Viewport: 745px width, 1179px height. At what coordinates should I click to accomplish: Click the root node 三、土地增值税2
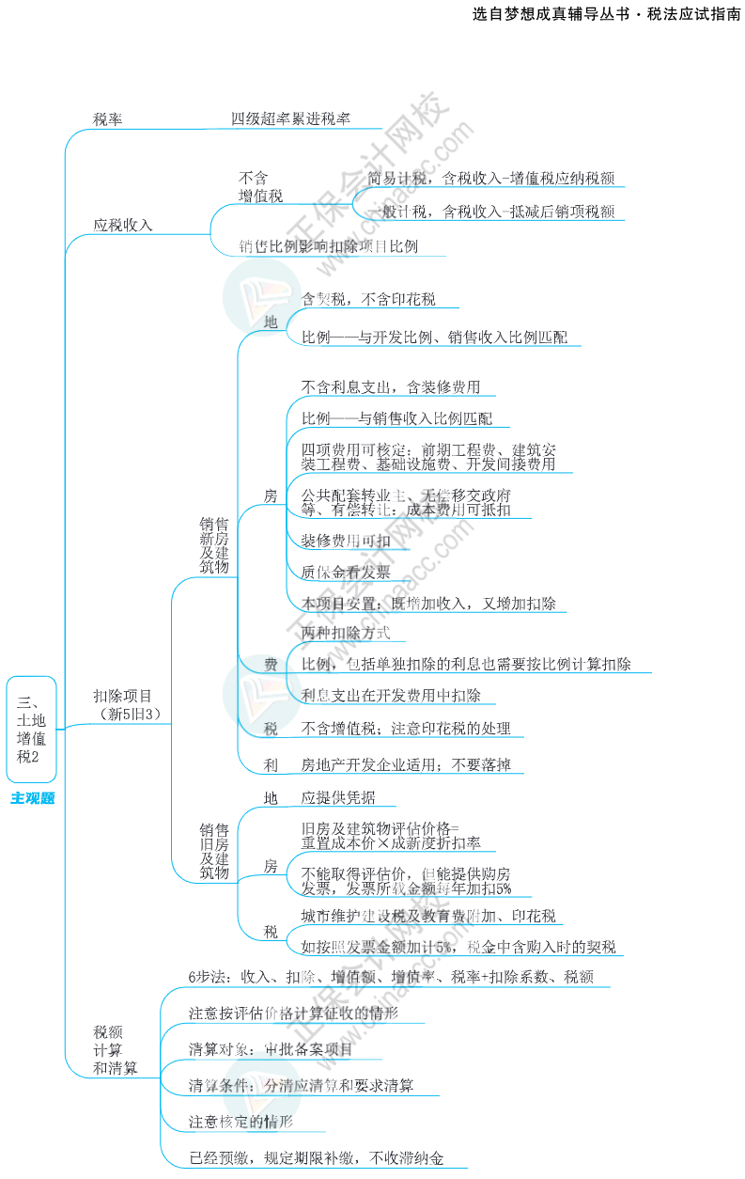tap(32, 729)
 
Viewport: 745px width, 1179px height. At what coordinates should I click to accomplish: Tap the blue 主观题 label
tap(32, 799)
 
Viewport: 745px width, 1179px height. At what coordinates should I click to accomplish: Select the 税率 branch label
tap(107, 119)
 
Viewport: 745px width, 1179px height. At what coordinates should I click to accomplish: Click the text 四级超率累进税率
tap(290, 119)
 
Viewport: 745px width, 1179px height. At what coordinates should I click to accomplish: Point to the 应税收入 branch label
tap(123, 226)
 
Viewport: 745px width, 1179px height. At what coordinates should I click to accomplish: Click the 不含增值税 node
tap(260, 187)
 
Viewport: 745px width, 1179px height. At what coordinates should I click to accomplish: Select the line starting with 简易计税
tap(490, 178)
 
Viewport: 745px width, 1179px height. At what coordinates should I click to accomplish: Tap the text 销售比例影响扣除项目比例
tap(328, 246)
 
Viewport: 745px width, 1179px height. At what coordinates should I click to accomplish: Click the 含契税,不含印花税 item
tap(367, 299)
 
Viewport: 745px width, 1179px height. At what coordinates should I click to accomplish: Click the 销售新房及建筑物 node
tap(214, 545)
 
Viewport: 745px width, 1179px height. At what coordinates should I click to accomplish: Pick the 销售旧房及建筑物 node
tap(214, 852)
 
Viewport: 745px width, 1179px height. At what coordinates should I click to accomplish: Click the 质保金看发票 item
tap(345, 571)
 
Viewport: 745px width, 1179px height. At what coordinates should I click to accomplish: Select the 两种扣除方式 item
tap(345, 634)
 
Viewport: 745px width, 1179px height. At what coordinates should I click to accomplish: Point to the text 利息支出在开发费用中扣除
tap(391, 696)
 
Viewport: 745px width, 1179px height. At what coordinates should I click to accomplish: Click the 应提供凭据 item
tap(338, 798)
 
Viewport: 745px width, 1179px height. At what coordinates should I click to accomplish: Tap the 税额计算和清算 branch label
tap(115, 1050)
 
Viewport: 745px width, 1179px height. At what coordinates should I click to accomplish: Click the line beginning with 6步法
tap(391, 977)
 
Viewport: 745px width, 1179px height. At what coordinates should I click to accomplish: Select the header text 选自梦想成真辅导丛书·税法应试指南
tap(606, 16)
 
